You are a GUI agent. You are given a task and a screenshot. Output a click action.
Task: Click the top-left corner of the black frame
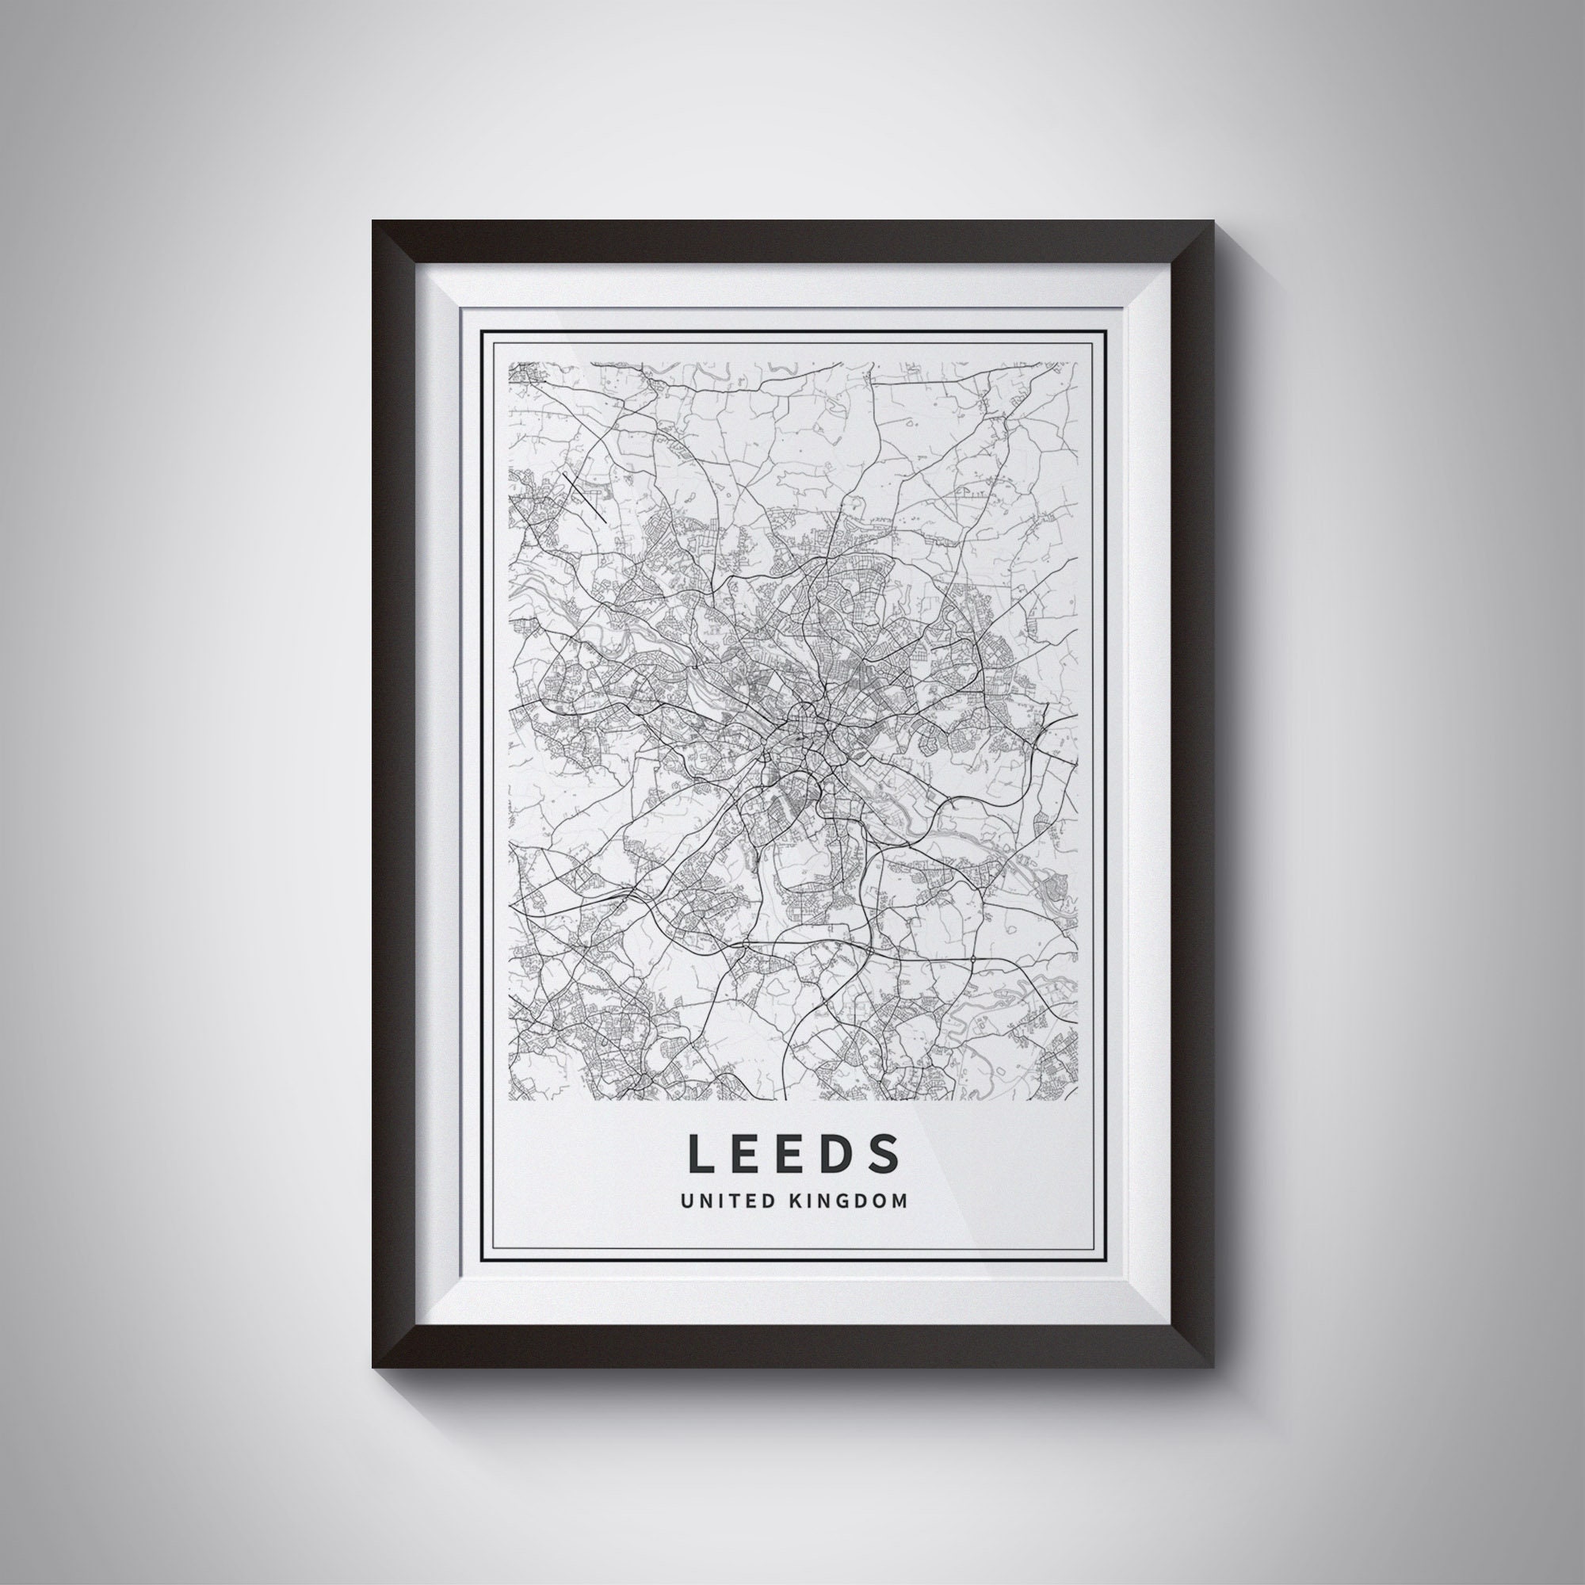pos(374,223)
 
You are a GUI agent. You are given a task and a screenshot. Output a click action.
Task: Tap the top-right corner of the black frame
pos(1212,223)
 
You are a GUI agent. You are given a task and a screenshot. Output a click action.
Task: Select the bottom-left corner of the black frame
pos(374,1365)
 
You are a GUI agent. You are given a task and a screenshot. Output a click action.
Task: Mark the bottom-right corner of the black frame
pos(1212,1365)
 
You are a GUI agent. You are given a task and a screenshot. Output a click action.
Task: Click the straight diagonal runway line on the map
pos(585,497)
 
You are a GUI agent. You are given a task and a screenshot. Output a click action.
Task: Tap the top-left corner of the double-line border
pos(482,331)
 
